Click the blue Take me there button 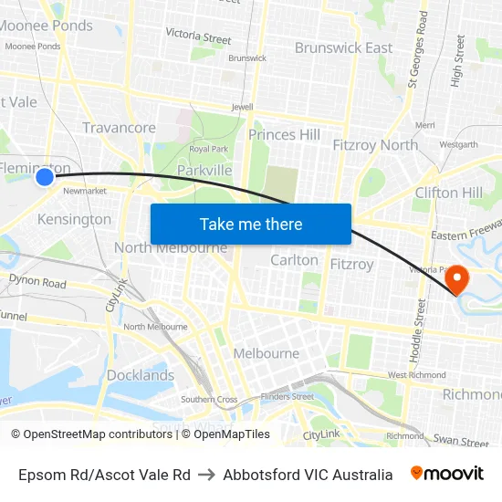tap(251, 224)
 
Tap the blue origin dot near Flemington tap(45, 177)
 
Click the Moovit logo tap(447, 474)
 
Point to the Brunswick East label tap(343, 48)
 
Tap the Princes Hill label tap(284, 135)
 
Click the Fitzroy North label tap(375, 145)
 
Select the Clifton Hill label tap(448, 193)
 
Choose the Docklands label tap(140, 375)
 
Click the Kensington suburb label tap(74, 219)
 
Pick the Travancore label tap(119, 128)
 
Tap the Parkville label tap(204, 170)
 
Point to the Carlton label tap(294, 260)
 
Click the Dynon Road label tap(37, 283)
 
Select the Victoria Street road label tap(198, 37)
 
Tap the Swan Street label tap(461, 442)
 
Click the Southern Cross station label tap(208, 400)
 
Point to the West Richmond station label tap(416, 375)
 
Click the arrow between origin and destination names tap(206, 475)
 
